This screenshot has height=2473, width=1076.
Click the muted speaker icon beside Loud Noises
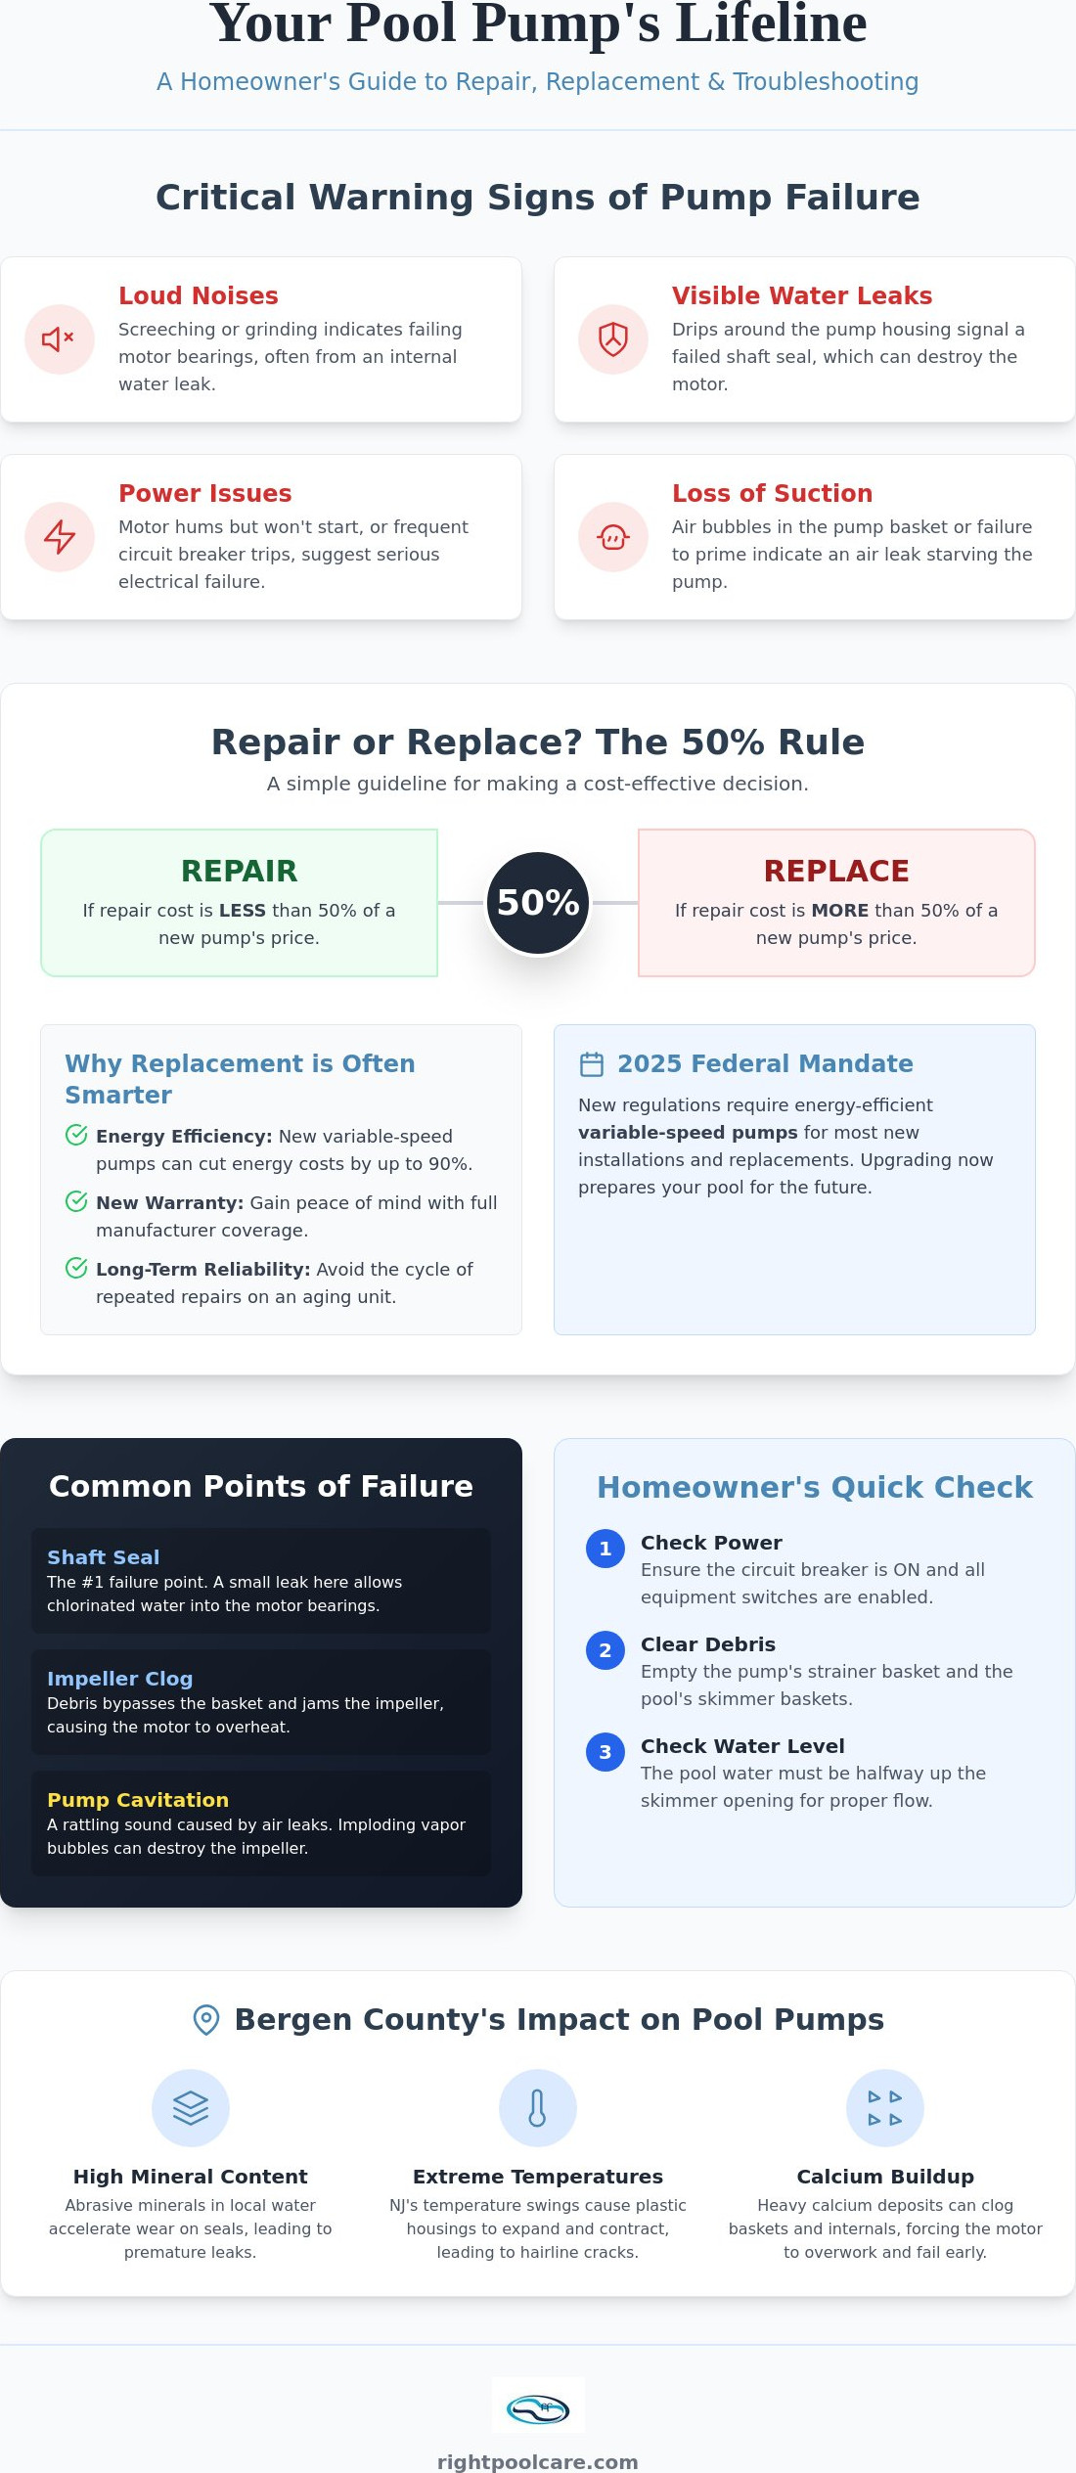point(59,339)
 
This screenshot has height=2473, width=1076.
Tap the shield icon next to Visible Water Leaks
point(613,339)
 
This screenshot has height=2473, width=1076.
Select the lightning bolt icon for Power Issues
point(60,537)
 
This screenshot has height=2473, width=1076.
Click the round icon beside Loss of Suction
point(613,537)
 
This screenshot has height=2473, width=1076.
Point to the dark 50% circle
point(538,903)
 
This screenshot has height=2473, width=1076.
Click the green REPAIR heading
point(240,871)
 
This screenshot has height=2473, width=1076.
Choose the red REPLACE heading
point(836,871)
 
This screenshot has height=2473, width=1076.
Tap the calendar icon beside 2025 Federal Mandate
point(592,1063)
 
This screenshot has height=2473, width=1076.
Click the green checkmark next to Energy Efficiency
point(76,1135)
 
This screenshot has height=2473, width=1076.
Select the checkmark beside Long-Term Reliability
point(76,1268)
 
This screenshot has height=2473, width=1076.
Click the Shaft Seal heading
point(104,1557)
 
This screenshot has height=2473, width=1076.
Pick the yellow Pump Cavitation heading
point(138,1800)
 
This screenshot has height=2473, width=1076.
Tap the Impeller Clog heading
point(120,1679)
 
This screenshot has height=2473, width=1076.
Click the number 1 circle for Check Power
point(605,1549)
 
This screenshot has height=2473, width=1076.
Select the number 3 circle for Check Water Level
point(605,1752)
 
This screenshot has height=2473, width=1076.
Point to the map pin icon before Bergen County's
point(206,2020)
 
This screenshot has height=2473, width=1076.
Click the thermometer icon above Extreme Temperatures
point(538,2108)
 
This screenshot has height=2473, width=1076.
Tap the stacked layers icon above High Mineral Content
point(191,2108)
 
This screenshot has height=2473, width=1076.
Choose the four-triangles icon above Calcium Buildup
point(885,2108)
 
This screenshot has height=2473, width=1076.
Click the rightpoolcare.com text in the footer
point(538,2461)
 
